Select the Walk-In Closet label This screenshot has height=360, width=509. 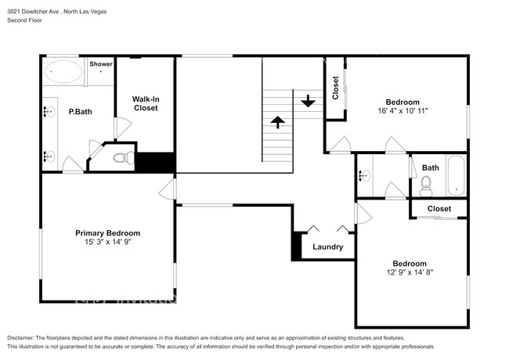pos(145,103)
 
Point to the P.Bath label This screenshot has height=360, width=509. pos(80,112)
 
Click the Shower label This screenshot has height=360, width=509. pos(100,64)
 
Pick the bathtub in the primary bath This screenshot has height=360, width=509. pos(62,73)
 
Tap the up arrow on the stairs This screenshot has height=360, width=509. pos(276,121)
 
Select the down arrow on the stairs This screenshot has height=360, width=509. pos(307,101)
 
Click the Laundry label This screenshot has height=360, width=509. pos(327,247)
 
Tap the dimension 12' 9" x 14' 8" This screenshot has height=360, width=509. pos(409,272)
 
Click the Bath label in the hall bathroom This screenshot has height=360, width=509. pos(431,167)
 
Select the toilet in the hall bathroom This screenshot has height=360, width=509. pos(426,184)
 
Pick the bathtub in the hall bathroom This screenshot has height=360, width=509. pos(456,176)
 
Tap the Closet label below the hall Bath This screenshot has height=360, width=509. pos(439,209)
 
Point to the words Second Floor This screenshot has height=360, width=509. pos(25,21)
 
